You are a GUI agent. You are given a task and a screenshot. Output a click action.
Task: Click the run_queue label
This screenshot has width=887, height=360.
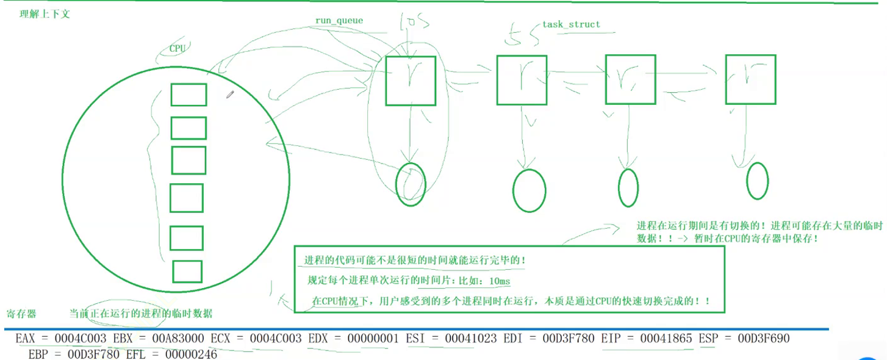click(339, 21)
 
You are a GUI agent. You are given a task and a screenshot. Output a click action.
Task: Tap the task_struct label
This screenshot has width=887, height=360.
click(571, 24)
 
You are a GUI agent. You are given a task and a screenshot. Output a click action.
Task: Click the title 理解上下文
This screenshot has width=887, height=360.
click(45, 13)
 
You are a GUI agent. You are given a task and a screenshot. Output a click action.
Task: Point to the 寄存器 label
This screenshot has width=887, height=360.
click(21, 314)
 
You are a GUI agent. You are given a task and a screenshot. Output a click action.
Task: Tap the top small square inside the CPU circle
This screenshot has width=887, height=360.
click(189, 95)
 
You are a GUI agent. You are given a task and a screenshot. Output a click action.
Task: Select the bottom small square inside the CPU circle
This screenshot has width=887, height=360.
click(187, 272)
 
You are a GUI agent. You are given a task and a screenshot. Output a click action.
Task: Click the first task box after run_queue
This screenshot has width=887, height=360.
click(411, 81)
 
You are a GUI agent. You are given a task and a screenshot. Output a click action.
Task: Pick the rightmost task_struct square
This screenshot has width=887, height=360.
click(750, 79)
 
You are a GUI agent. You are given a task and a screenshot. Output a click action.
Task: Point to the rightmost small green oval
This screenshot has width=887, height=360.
click(757, 181)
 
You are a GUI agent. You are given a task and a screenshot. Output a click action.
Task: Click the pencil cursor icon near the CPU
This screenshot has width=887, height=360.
click(230, 95)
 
